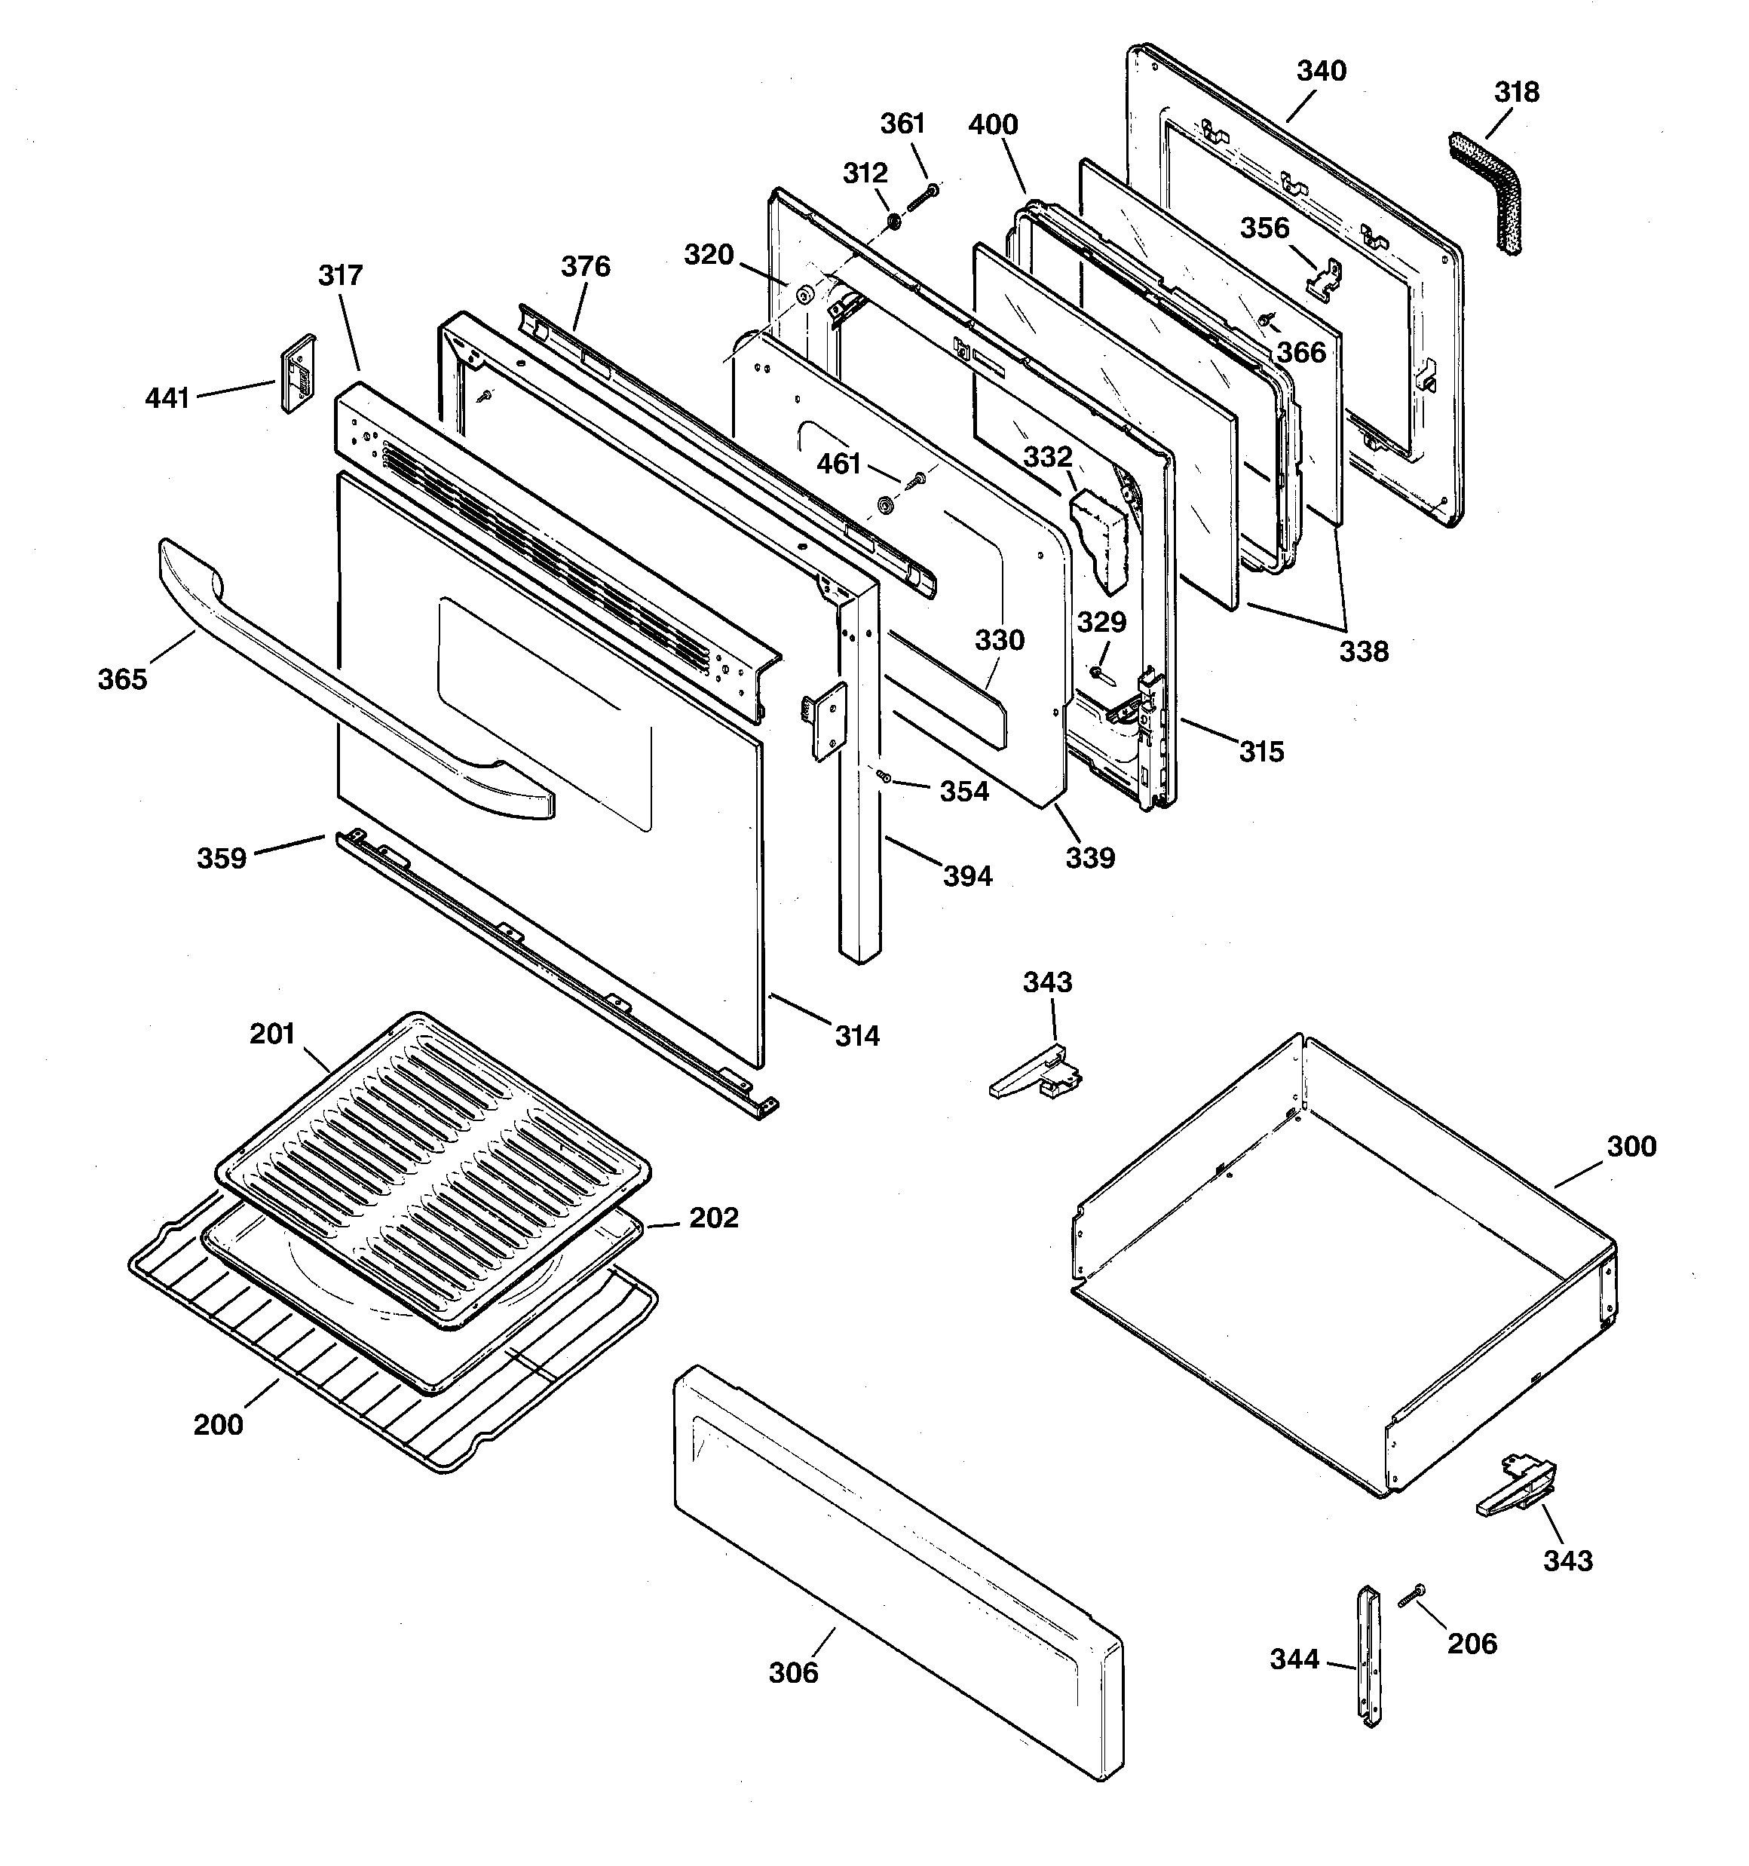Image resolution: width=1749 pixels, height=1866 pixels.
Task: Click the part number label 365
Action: click(x=122, y=679)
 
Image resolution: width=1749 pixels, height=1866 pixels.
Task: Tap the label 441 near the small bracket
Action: click(x=167, y=398)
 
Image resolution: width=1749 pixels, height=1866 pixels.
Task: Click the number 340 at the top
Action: click(x=1321, y=72)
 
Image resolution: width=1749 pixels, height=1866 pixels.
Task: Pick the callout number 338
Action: click(x=1363, y=651)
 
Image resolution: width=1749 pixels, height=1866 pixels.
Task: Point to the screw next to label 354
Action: click(x=884, y=777)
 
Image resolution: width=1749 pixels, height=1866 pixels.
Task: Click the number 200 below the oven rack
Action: click(x=218, y=1424)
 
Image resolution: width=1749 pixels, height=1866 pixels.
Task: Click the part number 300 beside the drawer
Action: click(x=1631, y=1146)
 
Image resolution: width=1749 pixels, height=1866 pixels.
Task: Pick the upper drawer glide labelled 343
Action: click(x=1037, y=1074)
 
